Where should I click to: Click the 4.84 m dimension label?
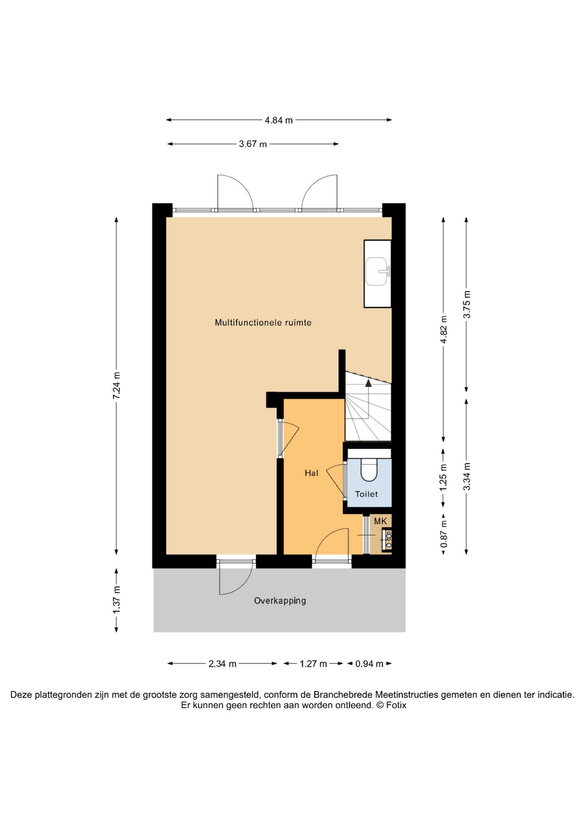point(279,120)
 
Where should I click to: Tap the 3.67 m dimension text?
point(253,144)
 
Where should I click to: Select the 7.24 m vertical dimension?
point(116,385)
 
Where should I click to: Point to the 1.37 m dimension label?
point(116,600)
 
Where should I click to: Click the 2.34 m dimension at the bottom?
point(222,664)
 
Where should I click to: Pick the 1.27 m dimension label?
point(313,664)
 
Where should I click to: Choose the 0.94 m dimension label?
point(369,664)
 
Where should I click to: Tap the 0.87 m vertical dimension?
point(444,534)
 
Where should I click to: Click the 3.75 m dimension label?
point(467,305)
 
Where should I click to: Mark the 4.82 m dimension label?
point(444,330)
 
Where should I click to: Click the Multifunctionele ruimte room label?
point(263,322)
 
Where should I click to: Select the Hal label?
point(311,473)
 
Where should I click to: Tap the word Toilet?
point(366,494)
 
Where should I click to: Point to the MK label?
point(380,521)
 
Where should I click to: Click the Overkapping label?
point(280,601)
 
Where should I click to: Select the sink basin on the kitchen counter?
point(377,271)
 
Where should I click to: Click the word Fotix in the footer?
point(396,705)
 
